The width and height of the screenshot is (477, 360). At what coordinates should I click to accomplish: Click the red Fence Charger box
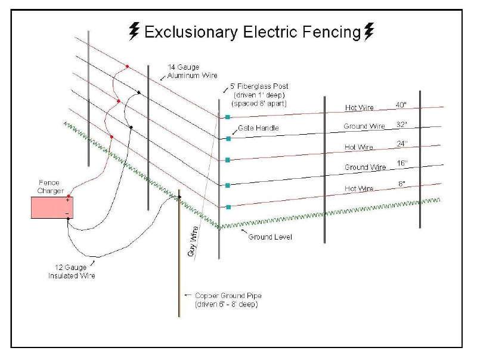50,207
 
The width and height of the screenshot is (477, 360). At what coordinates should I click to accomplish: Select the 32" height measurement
401,125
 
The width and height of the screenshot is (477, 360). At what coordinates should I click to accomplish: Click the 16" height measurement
401,164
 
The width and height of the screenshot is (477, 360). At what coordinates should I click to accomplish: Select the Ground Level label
270,237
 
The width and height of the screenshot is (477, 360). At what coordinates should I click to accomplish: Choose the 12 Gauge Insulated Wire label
72,272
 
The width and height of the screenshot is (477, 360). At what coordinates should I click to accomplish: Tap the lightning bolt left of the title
134,31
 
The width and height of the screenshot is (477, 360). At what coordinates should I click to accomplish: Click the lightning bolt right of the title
370,31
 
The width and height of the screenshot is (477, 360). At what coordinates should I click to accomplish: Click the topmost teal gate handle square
227,117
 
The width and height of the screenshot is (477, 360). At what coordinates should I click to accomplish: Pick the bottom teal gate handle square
228,207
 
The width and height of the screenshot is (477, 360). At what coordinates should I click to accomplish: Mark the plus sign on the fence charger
67,201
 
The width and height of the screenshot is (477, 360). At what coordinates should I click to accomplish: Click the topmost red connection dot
126,66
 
